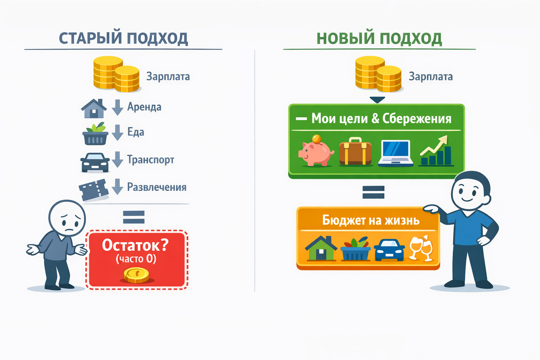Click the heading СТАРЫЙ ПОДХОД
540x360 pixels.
click(x=123, y=39)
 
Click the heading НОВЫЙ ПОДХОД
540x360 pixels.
click(x=379, y=39)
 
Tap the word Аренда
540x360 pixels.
click(x=144, y=107)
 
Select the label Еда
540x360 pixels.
click(x=136, y=133)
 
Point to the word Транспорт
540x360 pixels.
click(x=151, y=160)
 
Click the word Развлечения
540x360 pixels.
click(x=157, y=187)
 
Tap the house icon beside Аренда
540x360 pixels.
click(x=94, y=108)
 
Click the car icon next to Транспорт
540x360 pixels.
click(x=94, y=162)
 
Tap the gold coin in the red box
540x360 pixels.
click(x=136, y=275)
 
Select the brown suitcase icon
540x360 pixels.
click(x=355, y=152)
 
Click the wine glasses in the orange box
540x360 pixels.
click(x=421, y=249)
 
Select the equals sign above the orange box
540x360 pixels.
click(x=373, y=193)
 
